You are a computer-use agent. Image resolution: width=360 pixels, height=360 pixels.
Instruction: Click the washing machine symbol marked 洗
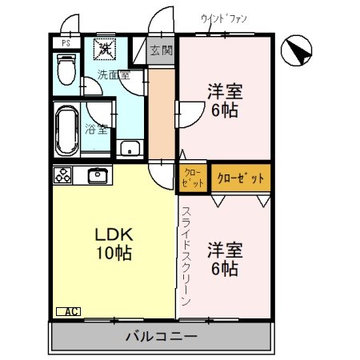click(x=106, y=49)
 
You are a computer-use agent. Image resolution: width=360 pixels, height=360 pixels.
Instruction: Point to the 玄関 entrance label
click(x=161, y=50)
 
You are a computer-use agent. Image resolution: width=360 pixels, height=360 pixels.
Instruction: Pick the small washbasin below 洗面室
click(x=129, y=148)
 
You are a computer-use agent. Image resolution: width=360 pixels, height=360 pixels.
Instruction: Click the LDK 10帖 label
click(x=114, y=245)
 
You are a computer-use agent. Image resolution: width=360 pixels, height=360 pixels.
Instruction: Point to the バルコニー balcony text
click(x=161, y=336)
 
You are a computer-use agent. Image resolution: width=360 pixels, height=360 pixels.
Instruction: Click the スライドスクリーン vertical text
click(x=185, y=256)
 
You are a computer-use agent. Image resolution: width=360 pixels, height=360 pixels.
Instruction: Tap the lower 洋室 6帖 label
click(x=225, y=258)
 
